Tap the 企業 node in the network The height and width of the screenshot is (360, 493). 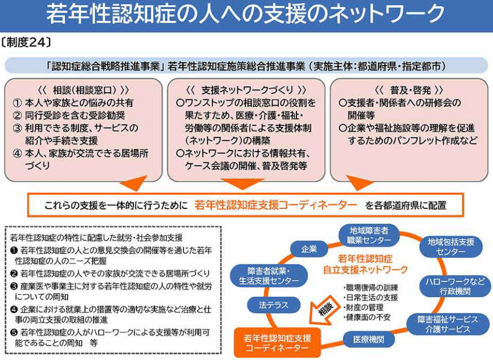(x=309, y=249)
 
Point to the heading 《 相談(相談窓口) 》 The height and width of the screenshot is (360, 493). (x=84, y=89)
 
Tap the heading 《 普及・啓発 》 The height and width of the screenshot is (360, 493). (x=408, y=89)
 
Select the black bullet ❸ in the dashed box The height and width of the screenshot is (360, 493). (x=14, y=286)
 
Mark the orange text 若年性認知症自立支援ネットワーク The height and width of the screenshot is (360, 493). (x=372, y=264)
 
